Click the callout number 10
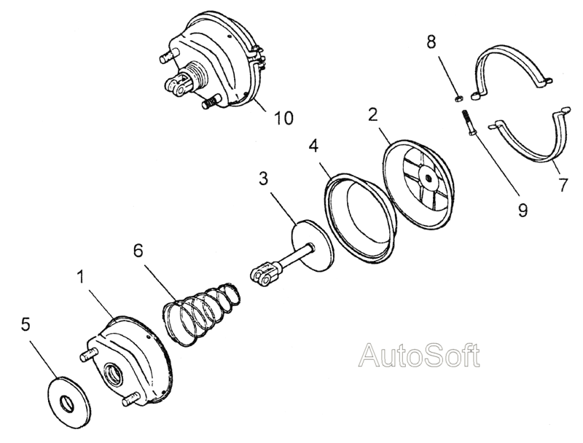tap(283, 117)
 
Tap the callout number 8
tap(431, 42)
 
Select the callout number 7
tap(563, 185)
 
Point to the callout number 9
tap(523, 211)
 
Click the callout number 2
tap(372, 115)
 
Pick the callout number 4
tap(313, 146)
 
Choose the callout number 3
tap(263, 179)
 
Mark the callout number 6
tap(138, 251)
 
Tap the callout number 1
tap(80, 277)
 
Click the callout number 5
tap(26, 324)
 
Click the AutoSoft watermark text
tap(419, 356)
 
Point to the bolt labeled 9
tap(467, 123)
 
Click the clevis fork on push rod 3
tap(262, 274)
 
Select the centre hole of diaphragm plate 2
tap(429, 179)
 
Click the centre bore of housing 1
tap(114, 374)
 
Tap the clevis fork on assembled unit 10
tap(177, 85)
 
